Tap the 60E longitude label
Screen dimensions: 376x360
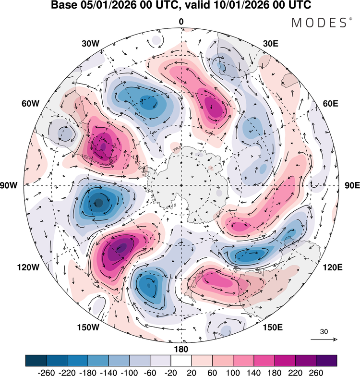click(x=329, y=104)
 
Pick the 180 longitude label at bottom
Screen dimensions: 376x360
click(x=181, y=349)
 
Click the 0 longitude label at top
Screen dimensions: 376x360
click(x=181, y=22)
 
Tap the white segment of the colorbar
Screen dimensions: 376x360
click(x=181, y=360)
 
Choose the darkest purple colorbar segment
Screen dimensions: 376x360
click(x=326, y=360)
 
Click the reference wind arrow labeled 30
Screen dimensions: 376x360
click(x=324, y=339)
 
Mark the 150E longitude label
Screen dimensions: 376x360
click(x=273, y=327)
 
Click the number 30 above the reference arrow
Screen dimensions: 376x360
click(x=324, y=331)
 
